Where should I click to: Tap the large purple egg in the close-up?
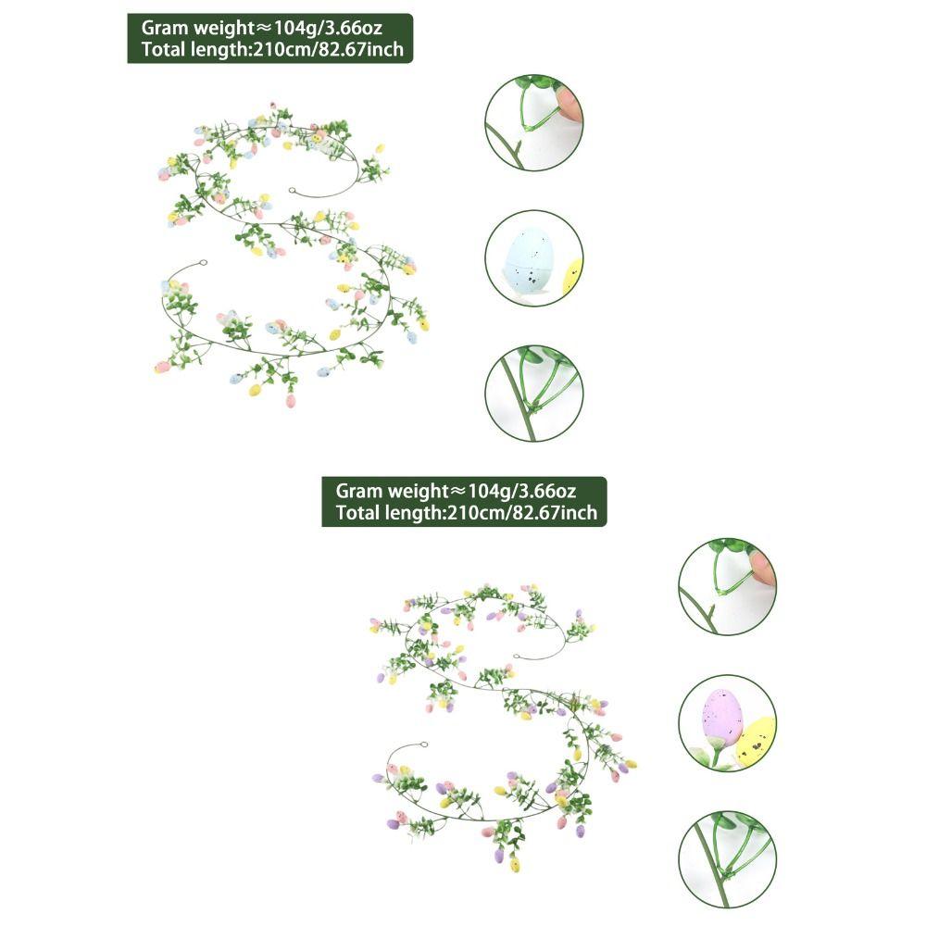tap(722, 718)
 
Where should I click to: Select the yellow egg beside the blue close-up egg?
tap(573, 275)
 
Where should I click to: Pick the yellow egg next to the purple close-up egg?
tap(757, 739)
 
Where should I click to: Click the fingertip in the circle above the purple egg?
tap(763, 567)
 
